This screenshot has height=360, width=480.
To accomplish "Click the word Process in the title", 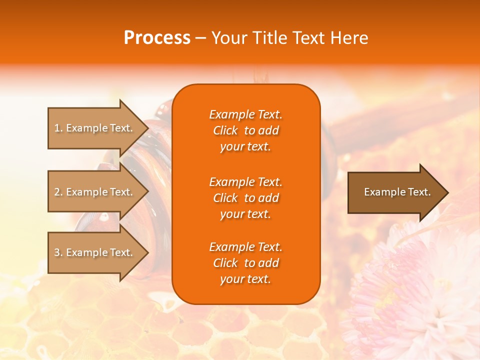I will click(x=157, y=38).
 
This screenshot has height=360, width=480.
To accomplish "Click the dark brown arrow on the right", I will click(x=395, y=192).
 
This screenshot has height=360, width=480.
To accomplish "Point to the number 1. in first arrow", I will click(x=58, y=128).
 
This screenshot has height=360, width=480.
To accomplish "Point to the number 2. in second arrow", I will click(x=58, y=192).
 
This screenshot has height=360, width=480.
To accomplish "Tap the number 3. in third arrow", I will click(x=58, y=252).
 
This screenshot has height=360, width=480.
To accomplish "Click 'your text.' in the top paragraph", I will click(x=245, y=147).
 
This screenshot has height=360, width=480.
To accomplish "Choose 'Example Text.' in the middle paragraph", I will click(x=245, y=182).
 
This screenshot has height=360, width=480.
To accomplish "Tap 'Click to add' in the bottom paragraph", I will click(x=245, y=263).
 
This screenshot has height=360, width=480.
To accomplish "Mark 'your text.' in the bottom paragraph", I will click(x=245, y=279).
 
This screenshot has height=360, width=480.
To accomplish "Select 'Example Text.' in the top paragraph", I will click(x=245, y=114).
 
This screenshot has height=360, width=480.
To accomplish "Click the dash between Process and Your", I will click(x=200, y=38).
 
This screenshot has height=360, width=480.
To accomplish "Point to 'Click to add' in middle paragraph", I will click(x=245, y=198).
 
